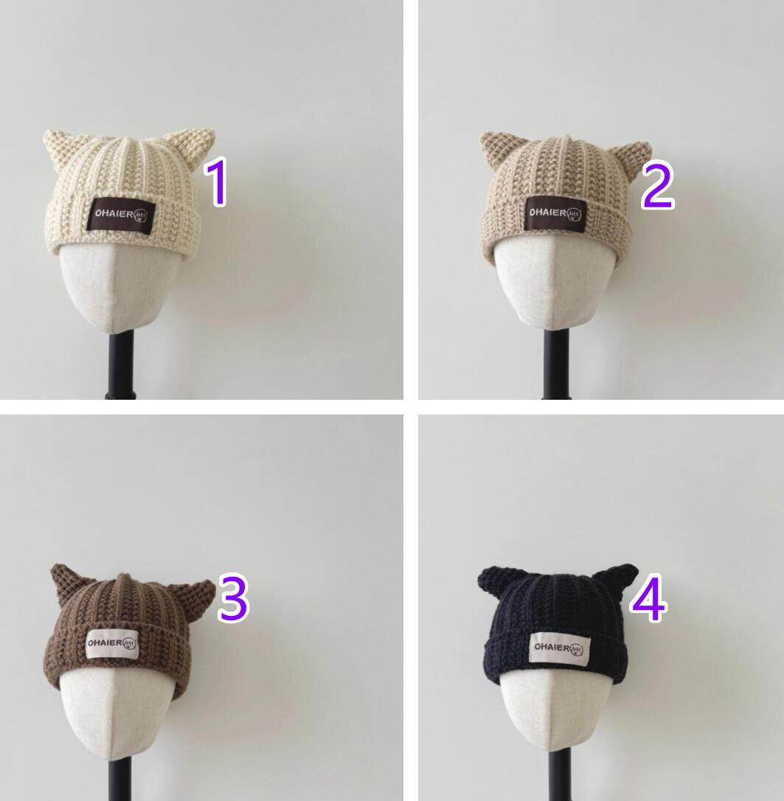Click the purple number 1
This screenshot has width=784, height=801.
[217, 182]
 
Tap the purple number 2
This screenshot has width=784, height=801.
[658, 185]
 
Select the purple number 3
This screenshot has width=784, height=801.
[233, 598]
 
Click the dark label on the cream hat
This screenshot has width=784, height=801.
[121, 215]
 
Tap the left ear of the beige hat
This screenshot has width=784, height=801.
[494, 148]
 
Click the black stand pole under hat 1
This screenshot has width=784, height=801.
[120, 365]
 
